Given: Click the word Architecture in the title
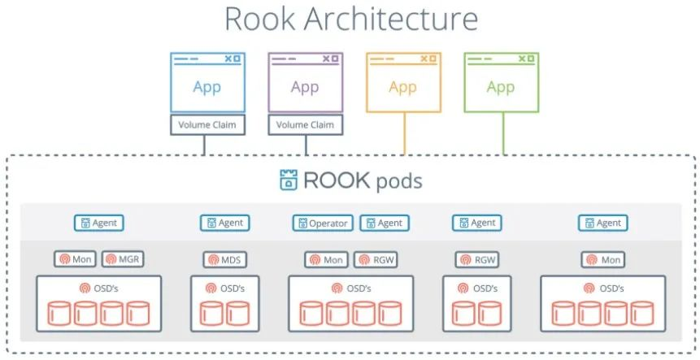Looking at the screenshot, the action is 390,19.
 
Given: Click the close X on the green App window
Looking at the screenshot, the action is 522,59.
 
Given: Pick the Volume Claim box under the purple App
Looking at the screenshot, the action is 306,125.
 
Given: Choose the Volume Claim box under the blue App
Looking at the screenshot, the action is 207,125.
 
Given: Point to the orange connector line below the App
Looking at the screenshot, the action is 404,133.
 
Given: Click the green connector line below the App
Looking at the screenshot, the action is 503,133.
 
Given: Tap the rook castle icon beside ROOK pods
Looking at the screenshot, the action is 289,180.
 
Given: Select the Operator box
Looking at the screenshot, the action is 323,223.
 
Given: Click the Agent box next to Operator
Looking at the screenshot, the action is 385,223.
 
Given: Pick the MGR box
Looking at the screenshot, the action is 123,259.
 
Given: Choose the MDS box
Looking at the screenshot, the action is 225,259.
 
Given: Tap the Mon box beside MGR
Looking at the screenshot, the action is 75,259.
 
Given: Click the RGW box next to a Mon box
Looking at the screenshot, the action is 376,259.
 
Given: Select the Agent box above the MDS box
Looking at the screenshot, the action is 225,223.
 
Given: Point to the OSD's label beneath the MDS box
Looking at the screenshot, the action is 225,288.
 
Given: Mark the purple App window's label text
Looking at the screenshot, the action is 305,87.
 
